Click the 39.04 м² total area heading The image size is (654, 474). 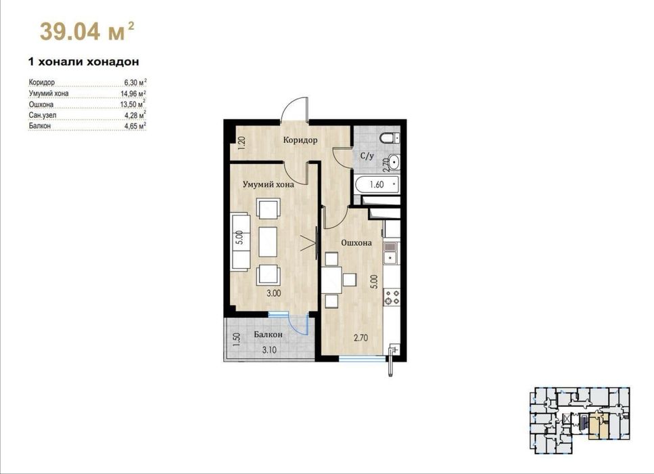[87, 31]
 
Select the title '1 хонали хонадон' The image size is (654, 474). [83, 62]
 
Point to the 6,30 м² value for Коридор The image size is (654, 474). [135, 82]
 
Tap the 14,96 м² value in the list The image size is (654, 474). [133, 93]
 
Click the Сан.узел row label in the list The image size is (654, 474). [43, 115]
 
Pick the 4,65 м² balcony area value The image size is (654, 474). [135, 125]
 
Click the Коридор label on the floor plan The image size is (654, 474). [300, 140]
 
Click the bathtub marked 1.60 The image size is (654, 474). [377, 184]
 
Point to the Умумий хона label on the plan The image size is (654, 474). [268, 184]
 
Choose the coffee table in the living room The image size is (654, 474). [268, 242]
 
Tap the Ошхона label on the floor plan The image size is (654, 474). [356, 242]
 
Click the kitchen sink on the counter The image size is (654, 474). [391, 253]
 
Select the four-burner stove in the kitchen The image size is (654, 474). [392, 297]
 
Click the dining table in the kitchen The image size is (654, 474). [332, 280]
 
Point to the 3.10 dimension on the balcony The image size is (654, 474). [269, 350]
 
